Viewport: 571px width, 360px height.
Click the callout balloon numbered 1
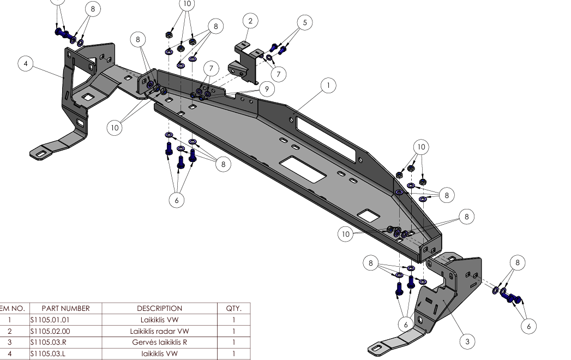click(328, 85)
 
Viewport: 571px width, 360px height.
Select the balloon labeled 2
click(250, 21)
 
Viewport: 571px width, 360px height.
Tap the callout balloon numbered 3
click(467, 341)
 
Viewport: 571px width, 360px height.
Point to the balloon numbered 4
click(25, 64)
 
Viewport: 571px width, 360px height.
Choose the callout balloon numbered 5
click(305, 22)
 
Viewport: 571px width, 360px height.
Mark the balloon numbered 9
click(267, 88)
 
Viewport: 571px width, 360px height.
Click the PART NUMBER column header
click(65, 309)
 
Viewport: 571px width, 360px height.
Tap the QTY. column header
click(233, 309)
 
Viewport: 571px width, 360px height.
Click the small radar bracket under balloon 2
click(246, 62)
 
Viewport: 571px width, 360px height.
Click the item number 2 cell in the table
click(9, 331)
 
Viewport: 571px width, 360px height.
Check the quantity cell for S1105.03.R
click(233, 343)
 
